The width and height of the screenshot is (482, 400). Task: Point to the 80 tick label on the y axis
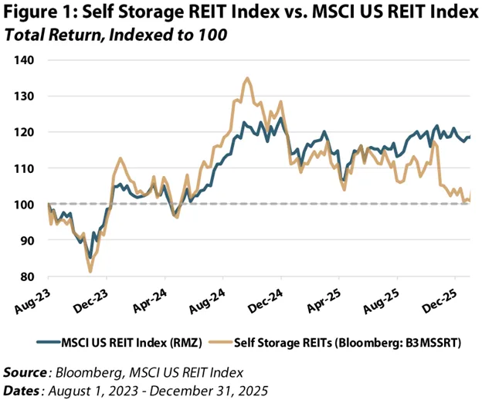point(29,276)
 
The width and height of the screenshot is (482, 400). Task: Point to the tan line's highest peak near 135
point(246,78)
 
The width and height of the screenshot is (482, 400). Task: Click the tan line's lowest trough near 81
point(90,271)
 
